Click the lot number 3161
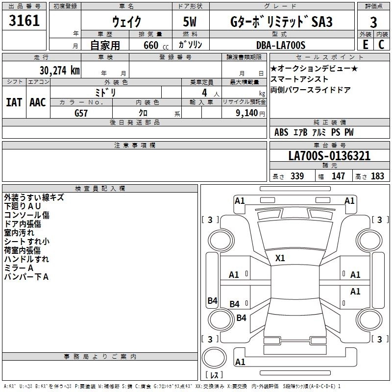tap(24, 21)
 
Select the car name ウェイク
tap(127, 22)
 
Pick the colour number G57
tap(82, 113)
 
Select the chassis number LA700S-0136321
tap(329, 156)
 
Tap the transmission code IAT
tap(14, 102)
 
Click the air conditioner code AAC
tap(38, 102)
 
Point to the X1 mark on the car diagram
tap(280, 258)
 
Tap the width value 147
tap(338, 176)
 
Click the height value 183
tap(378, 176)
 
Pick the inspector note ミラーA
tap(19, 268)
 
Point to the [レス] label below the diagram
tap(214, 376)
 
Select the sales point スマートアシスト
tap(299, 79)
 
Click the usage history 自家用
tap(105, 46)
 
